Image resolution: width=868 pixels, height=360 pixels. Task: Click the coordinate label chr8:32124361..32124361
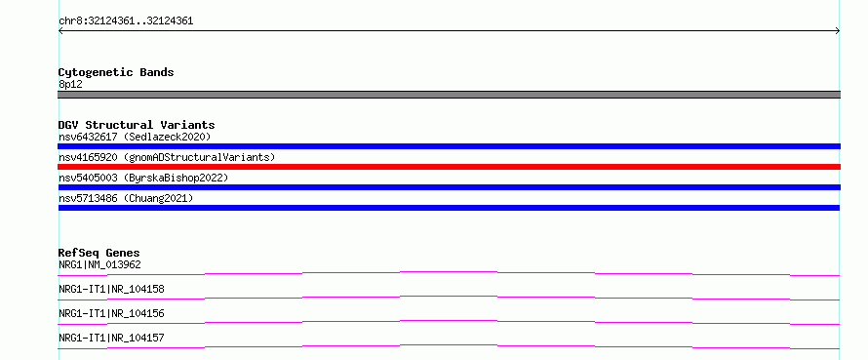point(126,21)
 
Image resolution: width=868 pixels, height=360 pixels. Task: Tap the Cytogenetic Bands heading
point(116,72)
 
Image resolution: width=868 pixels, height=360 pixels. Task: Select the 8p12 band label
point(70,85)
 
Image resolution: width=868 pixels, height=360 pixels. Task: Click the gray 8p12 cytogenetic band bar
point(449,95)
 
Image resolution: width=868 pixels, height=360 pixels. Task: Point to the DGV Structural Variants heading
point(137,125)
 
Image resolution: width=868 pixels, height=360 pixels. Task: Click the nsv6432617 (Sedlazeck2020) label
point(135,137)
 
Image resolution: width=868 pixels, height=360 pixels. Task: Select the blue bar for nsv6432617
point(449,146)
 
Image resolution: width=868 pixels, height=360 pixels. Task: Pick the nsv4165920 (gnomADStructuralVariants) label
point(167,157)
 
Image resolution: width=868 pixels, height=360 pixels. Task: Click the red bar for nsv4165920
point(449,167)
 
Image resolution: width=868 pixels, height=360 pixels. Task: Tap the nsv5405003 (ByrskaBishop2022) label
point(143,178)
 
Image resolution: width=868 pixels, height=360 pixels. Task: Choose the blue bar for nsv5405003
point(449,187)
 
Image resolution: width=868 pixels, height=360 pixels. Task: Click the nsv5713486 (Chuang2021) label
point(126,198)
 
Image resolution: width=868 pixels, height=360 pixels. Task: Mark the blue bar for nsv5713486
point(449,208)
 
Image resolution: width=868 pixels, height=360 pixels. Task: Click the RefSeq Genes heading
point(99,253)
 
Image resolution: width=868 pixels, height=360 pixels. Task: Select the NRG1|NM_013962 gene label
point(99,264)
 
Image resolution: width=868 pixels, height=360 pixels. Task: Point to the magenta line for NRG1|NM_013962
point(449,272)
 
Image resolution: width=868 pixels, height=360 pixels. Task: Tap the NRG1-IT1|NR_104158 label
point(111,289)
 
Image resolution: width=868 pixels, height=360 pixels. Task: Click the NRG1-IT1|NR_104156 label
point(111,313)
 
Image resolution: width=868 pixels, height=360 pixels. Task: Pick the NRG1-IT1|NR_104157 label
point(111,338)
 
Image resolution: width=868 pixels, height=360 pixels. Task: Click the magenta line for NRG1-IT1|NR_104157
point(449,345)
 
